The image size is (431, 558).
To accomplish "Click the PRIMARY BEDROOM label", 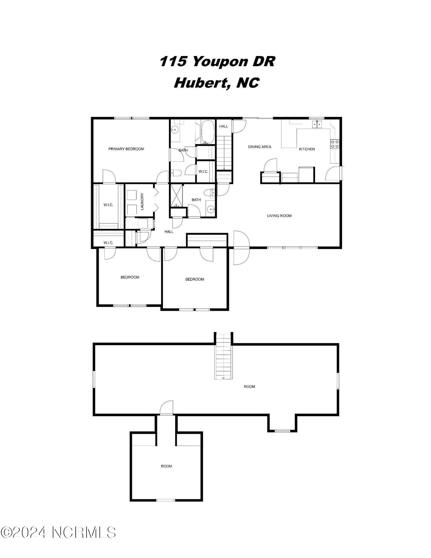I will click(126, 149).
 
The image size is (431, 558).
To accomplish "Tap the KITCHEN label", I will click(307, 149).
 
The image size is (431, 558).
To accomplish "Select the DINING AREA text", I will click(259, 147).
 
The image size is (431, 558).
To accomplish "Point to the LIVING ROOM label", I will click(279, 216).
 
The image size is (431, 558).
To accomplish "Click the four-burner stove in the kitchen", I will click(335, 144).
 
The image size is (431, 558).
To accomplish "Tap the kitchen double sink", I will click(317, 124).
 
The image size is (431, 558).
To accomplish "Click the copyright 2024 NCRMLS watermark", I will click(58, 532).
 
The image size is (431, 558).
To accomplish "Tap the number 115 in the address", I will click(173, 61).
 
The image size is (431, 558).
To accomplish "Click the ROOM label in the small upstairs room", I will click(166, 466).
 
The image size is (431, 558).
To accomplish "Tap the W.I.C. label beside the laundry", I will click(108, 205).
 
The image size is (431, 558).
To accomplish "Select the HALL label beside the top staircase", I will click(223, 126).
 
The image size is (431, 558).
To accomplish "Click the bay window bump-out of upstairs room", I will click(282, 423).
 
